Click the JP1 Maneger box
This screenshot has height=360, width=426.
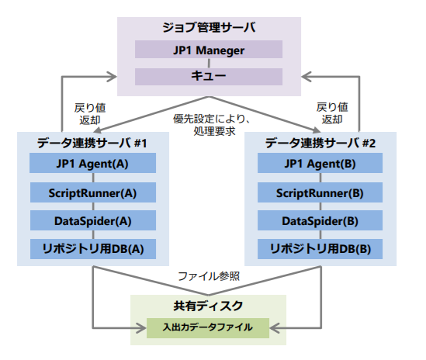[x=209, y=49]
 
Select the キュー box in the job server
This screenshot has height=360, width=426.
[x=209, y=77]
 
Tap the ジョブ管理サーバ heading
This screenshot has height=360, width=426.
[x=209, y=27]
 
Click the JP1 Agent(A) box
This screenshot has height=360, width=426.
[x=92, y=163]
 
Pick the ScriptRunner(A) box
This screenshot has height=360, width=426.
[x=93, y=192]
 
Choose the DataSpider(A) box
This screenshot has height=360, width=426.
[x=93, y=220]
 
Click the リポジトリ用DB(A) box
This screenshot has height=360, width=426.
[x=93, y=249]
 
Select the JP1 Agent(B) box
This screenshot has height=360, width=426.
[x=320, y=163]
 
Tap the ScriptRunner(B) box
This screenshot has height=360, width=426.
[x=320, y=192]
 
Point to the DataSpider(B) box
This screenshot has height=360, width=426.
[x=320, y=220]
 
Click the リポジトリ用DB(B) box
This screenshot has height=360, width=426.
[x=320, y=249]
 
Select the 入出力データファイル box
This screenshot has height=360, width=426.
[x=208, y=328]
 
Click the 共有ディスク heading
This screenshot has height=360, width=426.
[x=208, y=306]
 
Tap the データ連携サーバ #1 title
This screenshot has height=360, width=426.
[x=92, y=143]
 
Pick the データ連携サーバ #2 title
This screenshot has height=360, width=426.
[x=320, y=143]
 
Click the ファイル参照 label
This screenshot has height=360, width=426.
[x=209, y=276]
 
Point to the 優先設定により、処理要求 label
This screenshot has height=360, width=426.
[x=212, y=125]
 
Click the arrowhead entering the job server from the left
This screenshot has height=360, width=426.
[x=112, y=77]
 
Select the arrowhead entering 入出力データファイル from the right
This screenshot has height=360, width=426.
[x=275, y=328]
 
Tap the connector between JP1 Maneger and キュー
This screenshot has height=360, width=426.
[x=209, y=63]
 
